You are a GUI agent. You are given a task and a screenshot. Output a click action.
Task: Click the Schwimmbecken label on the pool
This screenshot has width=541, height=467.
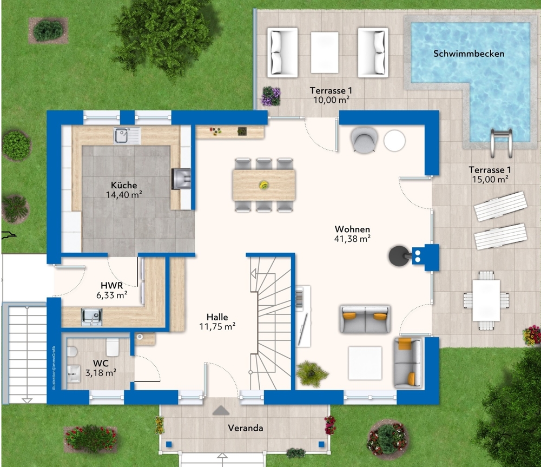(469, 54)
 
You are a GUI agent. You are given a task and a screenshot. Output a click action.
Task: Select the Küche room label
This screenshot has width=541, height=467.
(124, 185)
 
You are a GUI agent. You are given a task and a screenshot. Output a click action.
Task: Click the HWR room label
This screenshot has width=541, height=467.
(113, 285)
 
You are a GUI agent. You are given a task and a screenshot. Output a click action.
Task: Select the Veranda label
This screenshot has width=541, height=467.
(245, 428)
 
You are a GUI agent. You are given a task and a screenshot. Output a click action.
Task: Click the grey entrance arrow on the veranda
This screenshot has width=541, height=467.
(221, 410)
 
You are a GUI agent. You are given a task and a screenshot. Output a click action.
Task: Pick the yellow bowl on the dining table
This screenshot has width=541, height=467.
(264, 185)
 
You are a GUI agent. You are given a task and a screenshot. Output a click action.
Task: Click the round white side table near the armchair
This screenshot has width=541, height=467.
(394, 141)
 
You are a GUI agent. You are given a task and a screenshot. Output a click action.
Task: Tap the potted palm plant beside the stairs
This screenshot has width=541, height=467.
(312, 373)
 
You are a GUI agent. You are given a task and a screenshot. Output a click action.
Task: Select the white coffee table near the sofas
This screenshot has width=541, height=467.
(365, 363)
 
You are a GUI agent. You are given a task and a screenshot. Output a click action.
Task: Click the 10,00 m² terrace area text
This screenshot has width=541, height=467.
(329, 100)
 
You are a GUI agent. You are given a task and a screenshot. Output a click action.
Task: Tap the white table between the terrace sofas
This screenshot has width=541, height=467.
(324, 52)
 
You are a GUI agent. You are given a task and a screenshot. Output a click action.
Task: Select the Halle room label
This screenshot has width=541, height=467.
(217, 317)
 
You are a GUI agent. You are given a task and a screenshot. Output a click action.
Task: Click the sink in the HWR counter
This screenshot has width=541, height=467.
(91, 317)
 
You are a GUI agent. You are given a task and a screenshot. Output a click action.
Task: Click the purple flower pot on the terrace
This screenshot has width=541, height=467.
(270, 96)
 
